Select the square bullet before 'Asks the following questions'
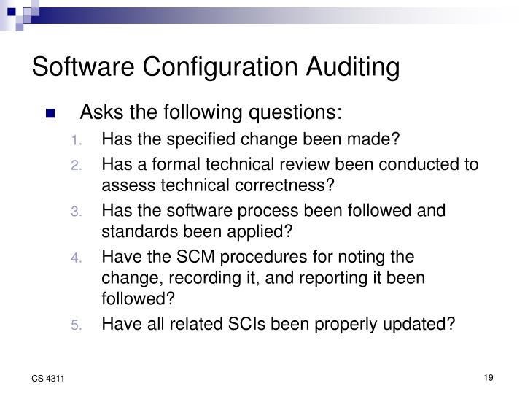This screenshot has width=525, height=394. point(50,114)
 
